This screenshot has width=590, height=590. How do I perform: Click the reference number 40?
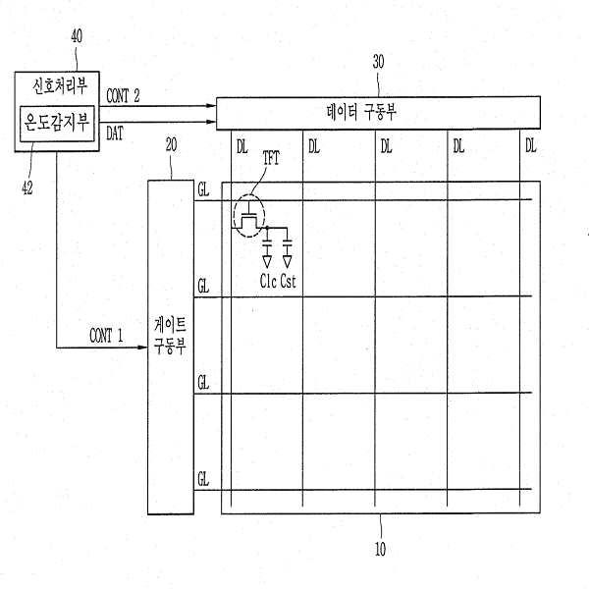coord(77,36)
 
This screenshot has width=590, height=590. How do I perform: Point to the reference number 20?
coord(171,143)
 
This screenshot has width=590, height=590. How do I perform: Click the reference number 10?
coord(380,549)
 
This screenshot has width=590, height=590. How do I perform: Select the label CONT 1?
coord(106,336)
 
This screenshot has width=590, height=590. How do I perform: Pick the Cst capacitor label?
coord(289,284)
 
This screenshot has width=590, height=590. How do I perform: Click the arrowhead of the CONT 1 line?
coord(142,348)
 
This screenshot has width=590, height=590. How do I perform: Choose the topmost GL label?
coord(203,187)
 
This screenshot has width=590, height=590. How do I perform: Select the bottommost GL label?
coord(203,478)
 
